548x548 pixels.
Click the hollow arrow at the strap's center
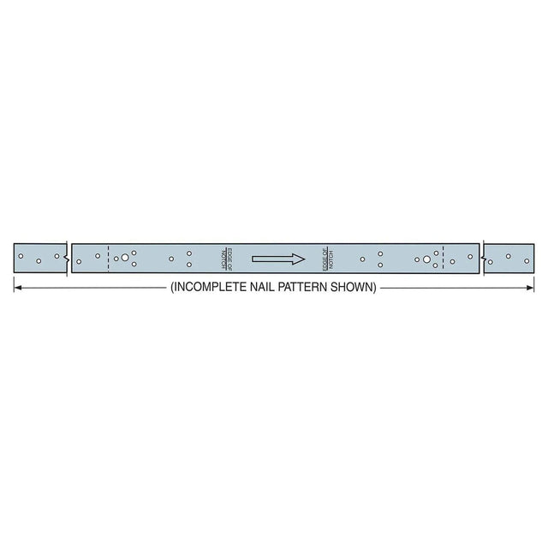tap(278, 259)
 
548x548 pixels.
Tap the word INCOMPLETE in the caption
tap(212, 288)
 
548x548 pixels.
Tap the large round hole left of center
tap(125, 258)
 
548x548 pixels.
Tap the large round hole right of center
tap(426, 259)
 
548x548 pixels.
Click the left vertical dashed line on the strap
tap(109, 259)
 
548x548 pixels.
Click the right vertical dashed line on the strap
tap(443, 259)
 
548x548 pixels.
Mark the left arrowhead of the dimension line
tap(16, 289)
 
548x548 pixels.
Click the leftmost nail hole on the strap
tap(21, 256)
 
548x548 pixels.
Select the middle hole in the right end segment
tap(509, 256)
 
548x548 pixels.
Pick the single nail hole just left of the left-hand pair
tap(171, 259)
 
